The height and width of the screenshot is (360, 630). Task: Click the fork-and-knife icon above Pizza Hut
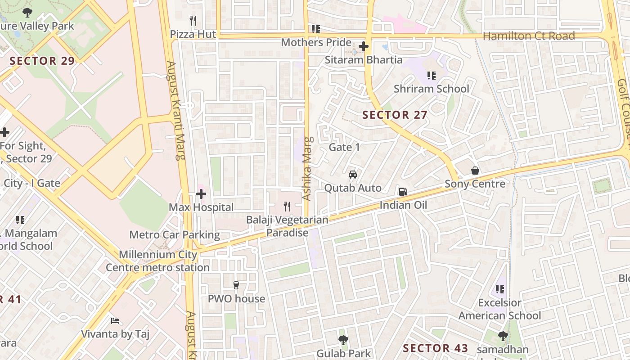193,21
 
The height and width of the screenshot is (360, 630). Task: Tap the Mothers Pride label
316,43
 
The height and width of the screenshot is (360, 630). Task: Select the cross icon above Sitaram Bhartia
364,46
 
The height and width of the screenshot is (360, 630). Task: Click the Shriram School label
431,89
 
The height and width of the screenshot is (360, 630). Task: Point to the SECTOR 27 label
395,115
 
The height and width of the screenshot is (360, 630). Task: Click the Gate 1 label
344,147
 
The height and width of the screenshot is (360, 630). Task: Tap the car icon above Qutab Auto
353,175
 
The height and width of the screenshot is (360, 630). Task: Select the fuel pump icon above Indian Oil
403,192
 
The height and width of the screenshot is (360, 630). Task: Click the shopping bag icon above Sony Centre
475,171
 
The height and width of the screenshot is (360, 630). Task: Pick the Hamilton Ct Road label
529,36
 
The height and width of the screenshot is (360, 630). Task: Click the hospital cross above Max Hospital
201,194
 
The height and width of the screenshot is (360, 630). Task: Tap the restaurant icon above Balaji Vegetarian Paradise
287,207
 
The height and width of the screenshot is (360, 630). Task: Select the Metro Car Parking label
175,234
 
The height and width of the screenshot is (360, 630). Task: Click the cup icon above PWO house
236,285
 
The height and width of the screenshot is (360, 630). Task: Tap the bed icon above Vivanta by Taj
115,321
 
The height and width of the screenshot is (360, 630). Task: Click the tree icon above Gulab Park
343,340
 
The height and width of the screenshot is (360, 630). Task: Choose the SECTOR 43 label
435,348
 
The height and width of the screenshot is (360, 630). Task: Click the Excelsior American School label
499,309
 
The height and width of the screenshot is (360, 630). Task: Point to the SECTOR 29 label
42,61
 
